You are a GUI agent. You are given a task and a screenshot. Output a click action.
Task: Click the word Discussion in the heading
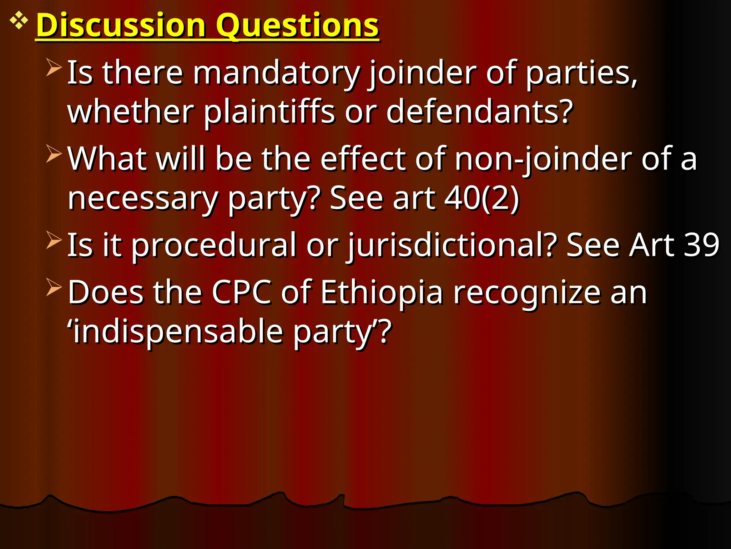coord(121,26)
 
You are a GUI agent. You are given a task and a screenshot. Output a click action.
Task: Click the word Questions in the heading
coord(298,26)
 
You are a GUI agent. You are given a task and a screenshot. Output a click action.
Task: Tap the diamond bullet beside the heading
coord(19,21)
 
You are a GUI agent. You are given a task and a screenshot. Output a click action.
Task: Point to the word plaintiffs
coord(269,112)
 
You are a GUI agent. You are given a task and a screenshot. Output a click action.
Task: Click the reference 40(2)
coord(482,198)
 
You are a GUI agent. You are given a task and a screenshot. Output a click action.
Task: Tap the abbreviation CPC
coord(241,293)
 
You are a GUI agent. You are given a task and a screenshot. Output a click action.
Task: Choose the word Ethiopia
coord(382,293)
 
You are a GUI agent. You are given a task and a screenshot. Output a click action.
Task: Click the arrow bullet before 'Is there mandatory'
coord(54,68)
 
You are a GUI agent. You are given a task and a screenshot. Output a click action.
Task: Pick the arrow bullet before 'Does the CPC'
coord(54,287)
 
